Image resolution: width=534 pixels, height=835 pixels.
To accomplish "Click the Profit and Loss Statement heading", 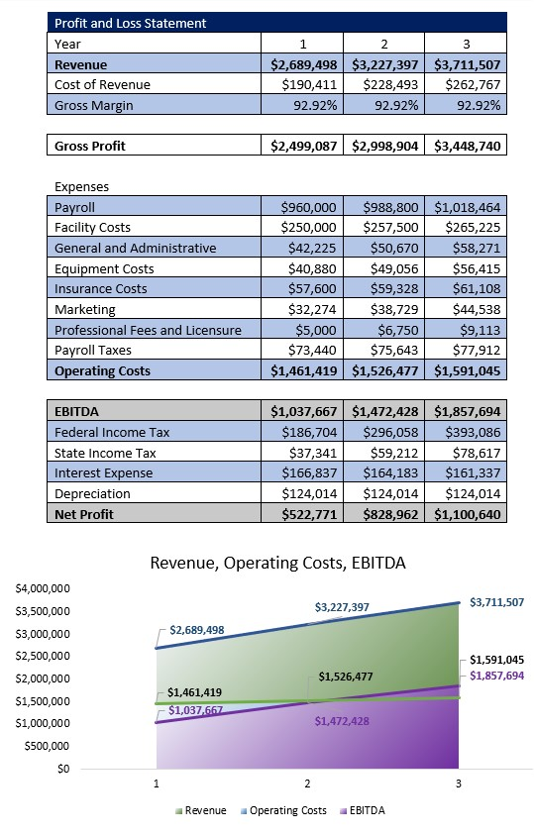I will [x=131, y=23].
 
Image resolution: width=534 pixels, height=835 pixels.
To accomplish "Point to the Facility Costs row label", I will [x=92, y=228].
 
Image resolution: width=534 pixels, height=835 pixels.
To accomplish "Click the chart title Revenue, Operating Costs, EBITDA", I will [x=277, y=563].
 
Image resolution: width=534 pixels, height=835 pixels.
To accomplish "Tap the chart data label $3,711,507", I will [x=496, y=601].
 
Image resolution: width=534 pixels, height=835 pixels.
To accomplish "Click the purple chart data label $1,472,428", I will [x=342, y=721].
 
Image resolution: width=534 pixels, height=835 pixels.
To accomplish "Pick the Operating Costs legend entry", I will [x=282, y=810].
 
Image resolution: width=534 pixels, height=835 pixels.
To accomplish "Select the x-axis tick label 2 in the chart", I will [x=307, y=783].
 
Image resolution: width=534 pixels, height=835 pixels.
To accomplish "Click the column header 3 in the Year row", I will [x=466, y=44].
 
